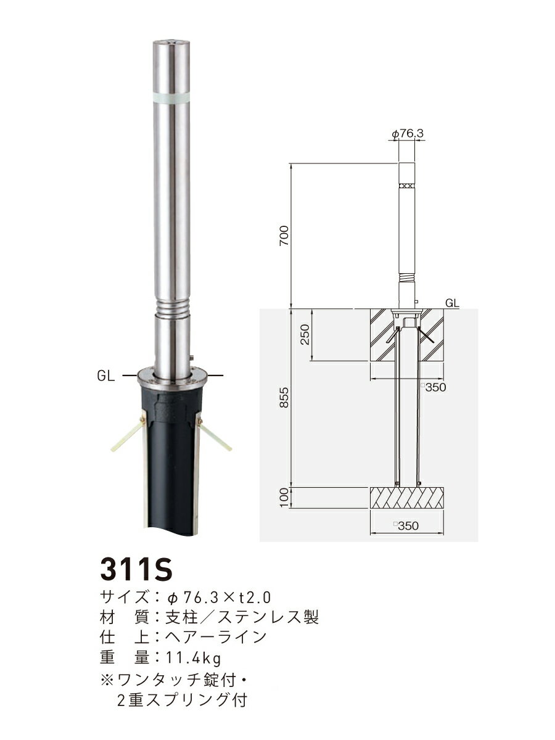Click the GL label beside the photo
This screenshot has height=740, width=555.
pyautogui.click(x=107, y=376)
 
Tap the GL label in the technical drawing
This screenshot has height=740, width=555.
pyautogui.click(x=451, y=303)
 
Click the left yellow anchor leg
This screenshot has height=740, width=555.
pyautogui.click(x=128, y=435)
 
